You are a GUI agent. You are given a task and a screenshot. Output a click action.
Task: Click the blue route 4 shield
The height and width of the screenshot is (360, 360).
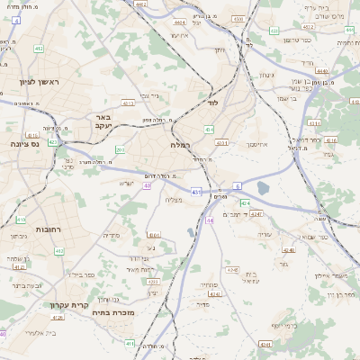pos(17,44)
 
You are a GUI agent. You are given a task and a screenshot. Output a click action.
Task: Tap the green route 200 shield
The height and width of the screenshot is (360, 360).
pos(120,150)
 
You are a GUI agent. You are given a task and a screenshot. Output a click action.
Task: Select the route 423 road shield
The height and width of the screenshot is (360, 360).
pos(53,142)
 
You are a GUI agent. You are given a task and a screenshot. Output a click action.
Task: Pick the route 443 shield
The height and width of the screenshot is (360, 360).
pos(195,192)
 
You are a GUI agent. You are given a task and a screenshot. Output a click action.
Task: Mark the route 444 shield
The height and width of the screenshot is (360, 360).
pos(210,220)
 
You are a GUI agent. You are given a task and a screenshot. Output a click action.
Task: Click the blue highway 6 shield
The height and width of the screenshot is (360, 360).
pos(237,186)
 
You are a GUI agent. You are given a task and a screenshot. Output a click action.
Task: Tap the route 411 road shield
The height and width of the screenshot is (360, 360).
pos(130,343)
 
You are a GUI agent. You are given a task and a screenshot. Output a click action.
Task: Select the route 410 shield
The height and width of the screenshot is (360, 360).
pos(21,219)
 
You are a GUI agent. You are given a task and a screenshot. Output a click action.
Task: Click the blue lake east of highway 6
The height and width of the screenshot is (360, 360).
pos(262,188)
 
